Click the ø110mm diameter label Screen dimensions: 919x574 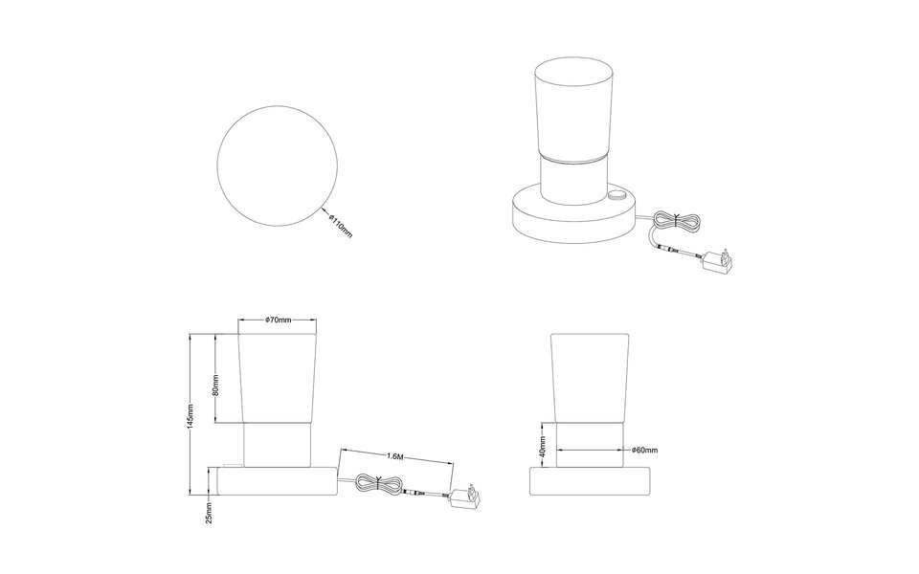click(x=340, y=226)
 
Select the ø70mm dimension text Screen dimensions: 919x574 click(x=278, y=320)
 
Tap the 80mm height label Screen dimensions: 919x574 click(x=215, y=386)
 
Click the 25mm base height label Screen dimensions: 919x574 click(x=210, y=513)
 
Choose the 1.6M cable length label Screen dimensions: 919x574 click(x=395, y=456)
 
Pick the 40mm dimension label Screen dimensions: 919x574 click(x=544, y=447)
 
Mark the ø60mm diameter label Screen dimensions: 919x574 click(x=644, y=450)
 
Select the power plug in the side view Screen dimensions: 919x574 click(x=464, y=497)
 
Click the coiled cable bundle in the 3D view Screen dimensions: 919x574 click(x=677, y=221)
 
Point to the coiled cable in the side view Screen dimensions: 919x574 click(x=379, y=484)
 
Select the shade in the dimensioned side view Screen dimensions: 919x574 click(x=278, y=378)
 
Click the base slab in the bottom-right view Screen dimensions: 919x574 click(x=591, y=481)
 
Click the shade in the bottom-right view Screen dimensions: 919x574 click(x=591, y=378)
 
